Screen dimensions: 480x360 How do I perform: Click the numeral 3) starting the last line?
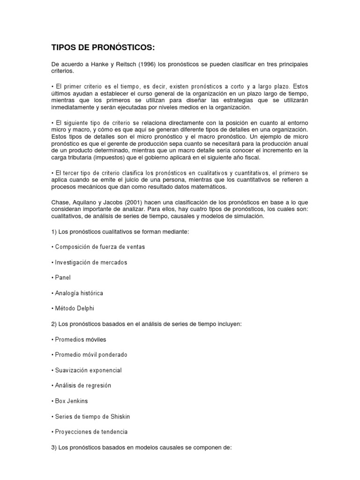coord(54,447)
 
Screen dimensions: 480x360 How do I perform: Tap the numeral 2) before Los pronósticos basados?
coord(54,324)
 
